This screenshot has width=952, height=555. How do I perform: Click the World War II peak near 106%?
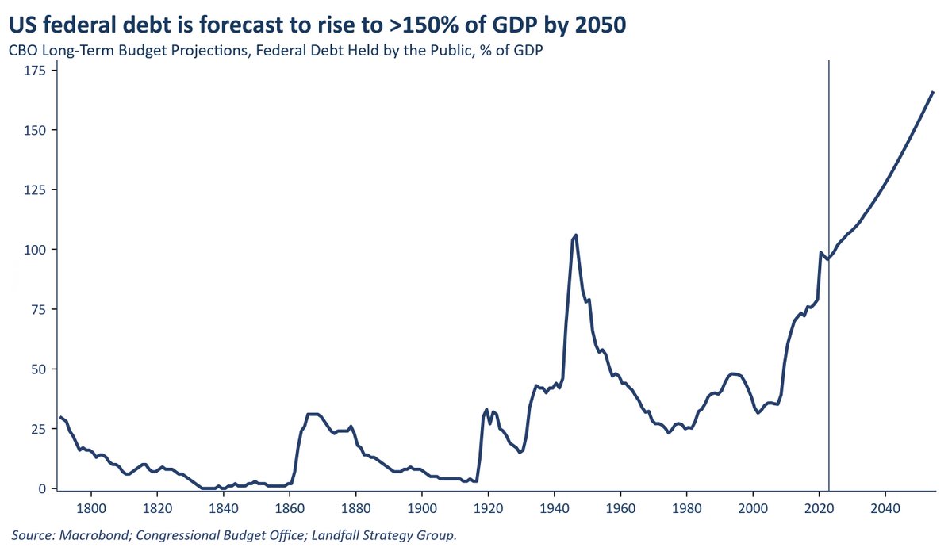pyautogui.click(x=575, y=235)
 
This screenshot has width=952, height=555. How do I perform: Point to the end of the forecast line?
pyautogui.click(x=932, y=92)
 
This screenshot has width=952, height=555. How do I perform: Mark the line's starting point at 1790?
pyautogui.click(x=60, y=417)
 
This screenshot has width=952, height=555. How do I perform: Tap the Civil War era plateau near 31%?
pyautogui.click(x=312, y=414)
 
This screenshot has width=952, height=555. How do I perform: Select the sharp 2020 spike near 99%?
pyautogui.click(x=820, y=253)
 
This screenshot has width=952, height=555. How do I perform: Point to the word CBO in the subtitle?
pyautogui.click(x=24, y=51)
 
